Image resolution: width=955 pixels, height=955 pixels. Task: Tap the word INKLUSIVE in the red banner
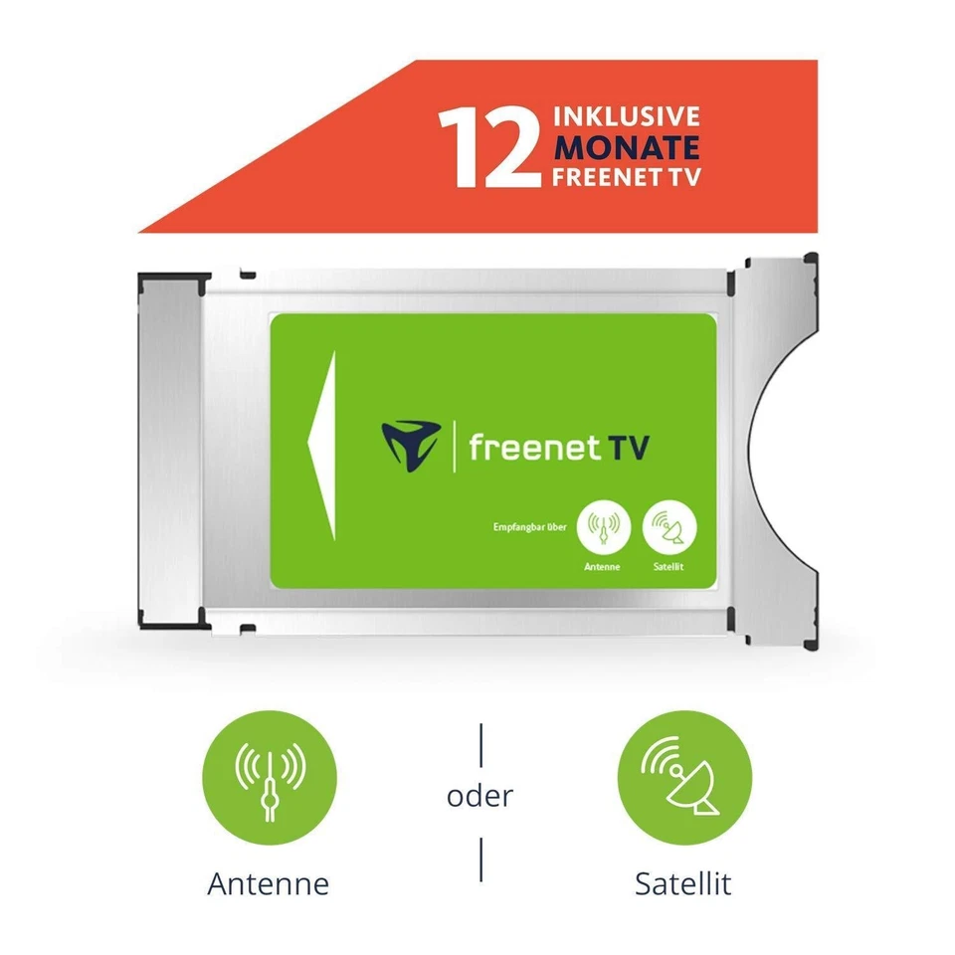click(x=626, y=117)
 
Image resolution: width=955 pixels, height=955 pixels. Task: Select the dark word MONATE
click(x=626, y=147)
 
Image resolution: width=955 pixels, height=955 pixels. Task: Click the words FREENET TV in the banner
click(x=626, y=177)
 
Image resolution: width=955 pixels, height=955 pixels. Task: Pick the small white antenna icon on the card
click(x=603, y=526)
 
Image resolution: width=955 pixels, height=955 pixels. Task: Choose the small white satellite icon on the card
click(x=669, y=526)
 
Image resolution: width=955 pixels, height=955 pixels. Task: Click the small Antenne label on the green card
click(x=603, y=566)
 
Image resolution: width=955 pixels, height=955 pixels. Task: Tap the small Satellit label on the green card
click(x=669, y=566)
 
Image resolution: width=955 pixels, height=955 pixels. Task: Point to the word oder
click(x=480, y=797)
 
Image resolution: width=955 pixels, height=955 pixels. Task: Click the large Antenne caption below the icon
click(x=268, y=883)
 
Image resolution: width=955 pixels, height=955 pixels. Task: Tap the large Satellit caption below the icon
click(x=683, y=883)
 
